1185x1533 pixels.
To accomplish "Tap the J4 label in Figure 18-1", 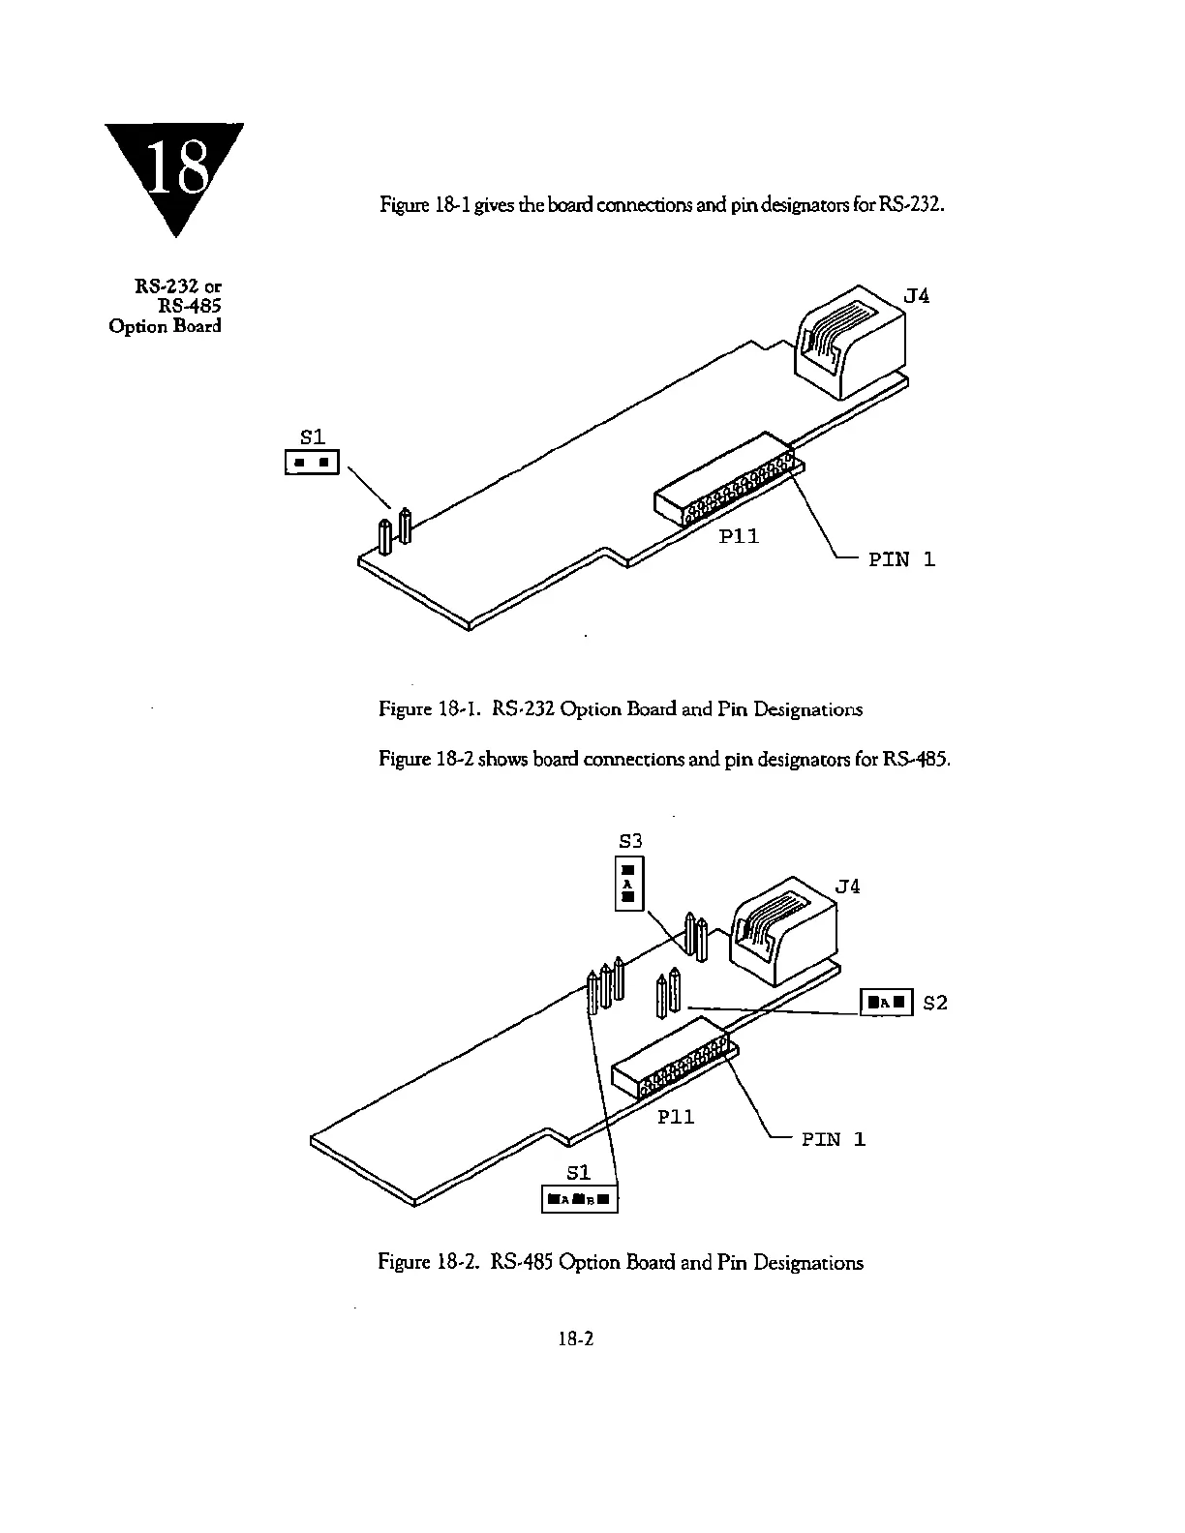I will (916, 295).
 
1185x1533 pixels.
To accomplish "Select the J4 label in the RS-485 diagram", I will (846, 886).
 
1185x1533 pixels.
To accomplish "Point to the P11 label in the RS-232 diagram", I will (739, 535).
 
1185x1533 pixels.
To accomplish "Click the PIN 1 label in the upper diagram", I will (901, 558).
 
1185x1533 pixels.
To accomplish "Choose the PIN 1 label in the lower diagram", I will (833, 1139).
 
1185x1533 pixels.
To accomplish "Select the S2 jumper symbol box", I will (887, 1003).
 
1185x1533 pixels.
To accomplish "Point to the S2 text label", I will (935, 1003).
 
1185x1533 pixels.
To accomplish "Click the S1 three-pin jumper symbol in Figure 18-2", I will (579, 1200).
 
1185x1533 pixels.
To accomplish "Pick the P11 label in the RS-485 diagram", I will (676, 1116).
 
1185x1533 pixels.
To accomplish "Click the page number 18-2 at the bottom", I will (575, 1338).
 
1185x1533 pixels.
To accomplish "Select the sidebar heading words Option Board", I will (165, 325).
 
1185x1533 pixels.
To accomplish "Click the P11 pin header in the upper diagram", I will (726, 480).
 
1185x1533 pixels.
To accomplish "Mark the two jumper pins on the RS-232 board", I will (394, 531).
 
